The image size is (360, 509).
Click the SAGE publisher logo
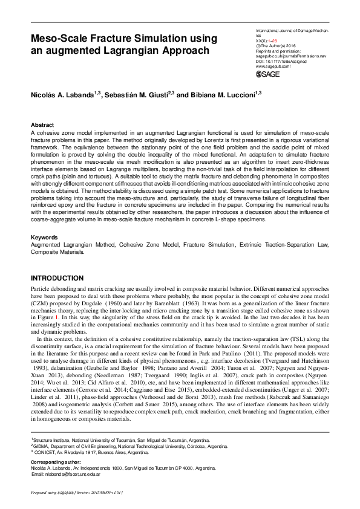point(269,74)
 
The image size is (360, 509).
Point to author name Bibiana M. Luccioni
point(221,95)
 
